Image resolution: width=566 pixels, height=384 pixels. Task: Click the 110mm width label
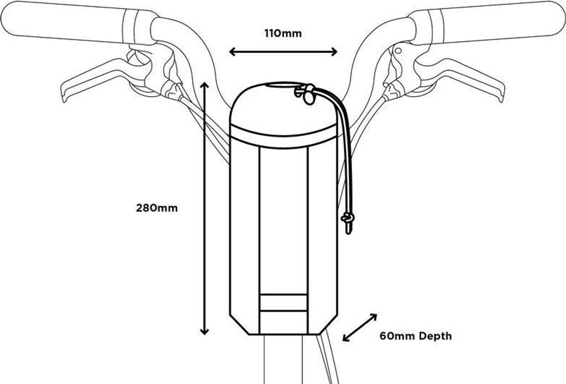[x=283, y=33]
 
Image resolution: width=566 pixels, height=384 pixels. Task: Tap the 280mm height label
[x=158, y=208]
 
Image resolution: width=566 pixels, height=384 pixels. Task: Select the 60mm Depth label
[x=415, y=335]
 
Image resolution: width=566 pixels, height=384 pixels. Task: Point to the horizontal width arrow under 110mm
[x=283, y=52]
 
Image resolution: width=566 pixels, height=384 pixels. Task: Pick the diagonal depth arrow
[x=360, y=328]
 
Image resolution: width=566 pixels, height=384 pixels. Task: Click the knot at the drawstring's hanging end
[x=347, y=220]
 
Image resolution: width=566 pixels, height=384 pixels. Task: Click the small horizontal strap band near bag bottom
[x=283, y=303]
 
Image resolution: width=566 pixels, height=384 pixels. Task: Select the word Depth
[x=434, y=335]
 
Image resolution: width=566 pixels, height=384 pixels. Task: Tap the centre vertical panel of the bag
[x=283, y=221]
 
